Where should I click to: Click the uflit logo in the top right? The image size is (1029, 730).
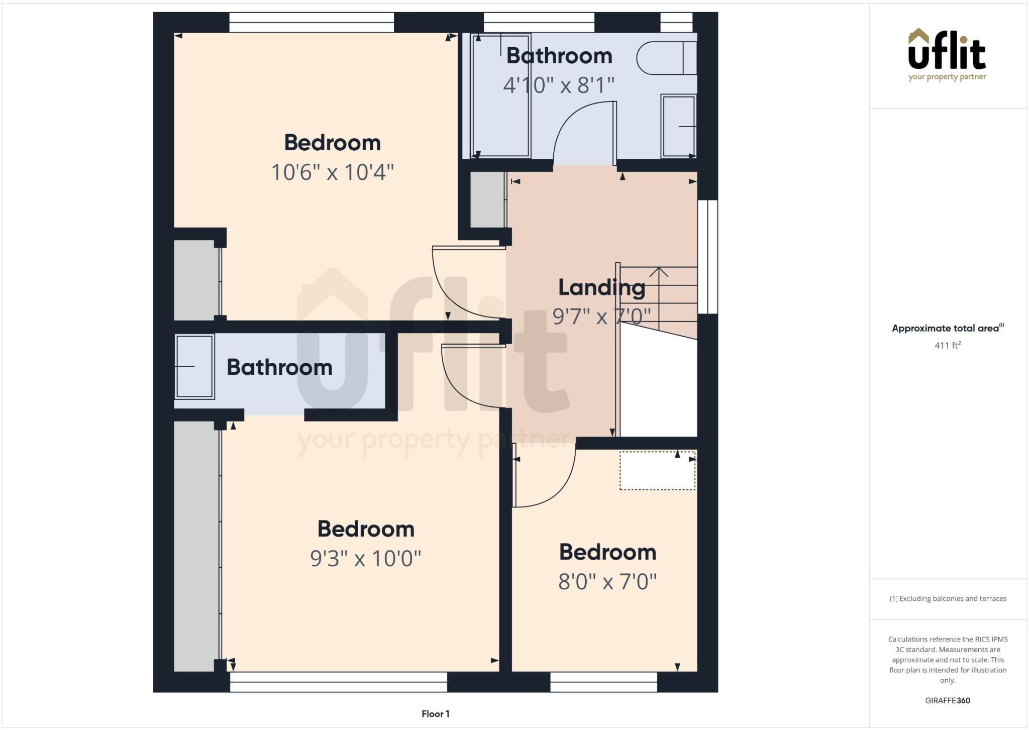point(947,54)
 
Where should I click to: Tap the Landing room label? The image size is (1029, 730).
point(601,288)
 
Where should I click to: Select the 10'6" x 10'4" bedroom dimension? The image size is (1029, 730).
point(332,172)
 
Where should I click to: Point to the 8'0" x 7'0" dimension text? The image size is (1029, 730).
point(607,582)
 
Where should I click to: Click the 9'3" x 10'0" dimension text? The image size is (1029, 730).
point(365,558)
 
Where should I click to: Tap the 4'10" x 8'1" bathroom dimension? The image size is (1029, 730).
point(559,85)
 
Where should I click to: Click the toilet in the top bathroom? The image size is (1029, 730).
point(666,58)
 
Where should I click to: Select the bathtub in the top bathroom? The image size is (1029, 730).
point(500,95)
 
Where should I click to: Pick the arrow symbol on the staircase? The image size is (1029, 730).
point(658,273)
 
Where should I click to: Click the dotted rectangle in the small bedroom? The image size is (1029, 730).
point(657,471)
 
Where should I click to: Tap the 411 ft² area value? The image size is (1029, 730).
point(947,345)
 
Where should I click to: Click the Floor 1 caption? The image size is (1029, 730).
point(435,713)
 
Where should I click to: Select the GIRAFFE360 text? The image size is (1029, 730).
point(947,700)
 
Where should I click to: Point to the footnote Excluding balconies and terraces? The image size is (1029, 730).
point(948,598)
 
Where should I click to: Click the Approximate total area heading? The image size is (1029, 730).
point(947,328)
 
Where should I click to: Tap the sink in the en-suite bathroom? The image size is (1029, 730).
point(194,367)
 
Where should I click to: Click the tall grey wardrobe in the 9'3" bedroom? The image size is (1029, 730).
point(196,545)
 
